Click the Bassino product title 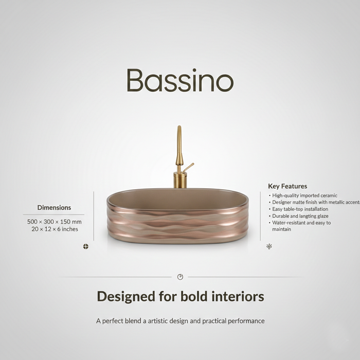[180, 81]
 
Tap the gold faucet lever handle [189, 167]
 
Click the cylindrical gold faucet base [180, 180]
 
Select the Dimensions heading [54, 208]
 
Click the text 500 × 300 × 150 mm [54, 222]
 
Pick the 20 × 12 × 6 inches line [54, 229]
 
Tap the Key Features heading [287, 186]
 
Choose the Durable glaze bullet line [300, 216]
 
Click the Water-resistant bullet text [301, 223]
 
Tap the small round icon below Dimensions [86, 246]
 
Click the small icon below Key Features [269, 246]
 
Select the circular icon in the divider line [180, 277]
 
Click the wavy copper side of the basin [177, 224]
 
